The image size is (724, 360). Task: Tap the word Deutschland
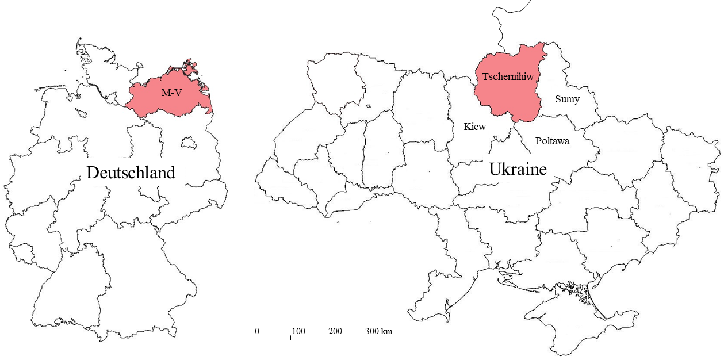click(131, 173)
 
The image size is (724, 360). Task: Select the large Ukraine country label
click(518, 169)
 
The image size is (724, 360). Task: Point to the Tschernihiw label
click(507, 76)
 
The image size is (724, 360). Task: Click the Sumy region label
click(567, 99)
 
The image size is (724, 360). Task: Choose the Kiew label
click(475, 127)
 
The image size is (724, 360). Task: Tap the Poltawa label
click(552, 141)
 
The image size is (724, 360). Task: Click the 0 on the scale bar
click(256, 331)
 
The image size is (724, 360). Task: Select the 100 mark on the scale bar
click(298, 331)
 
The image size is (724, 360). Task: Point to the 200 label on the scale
click(335, 331)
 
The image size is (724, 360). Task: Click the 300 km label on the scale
click(378, 331)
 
